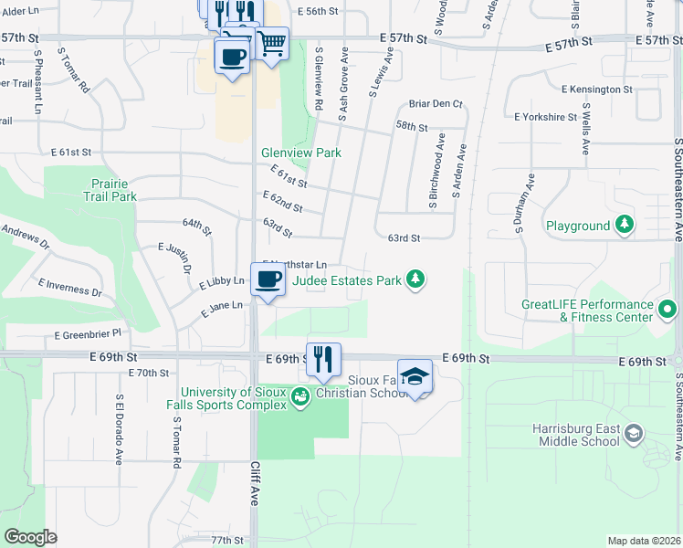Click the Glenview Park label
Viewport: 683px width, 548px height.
(300, 153)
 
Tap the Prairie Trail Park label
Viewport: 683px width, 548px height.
(110, 190)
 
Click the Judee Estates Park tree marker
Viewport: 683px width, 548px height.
(415, 279)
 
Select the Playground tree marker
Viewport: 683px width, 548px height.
(625, 224)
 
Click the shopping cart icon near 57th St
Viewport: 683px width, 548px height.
(271, 42)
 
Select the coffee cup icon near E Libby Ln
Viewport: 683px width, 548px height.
(268, 279)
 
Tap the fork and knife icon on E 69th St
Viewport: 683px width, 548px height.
(323, 358)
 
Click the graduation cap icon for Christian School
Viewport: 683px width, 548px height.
(415, 376)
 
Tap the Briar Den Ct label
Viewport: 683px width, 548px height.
(436, 104)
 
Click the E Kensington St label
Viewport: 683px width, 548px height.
(597, 90)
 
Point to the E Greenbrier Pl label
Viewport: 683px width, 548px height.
(88, 335)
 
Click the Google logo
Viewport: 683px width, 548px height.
(31, 536)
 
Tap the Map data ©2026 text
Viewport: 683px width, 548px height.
(643, 541)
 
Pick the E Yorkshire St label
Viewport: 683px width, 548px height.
(545, 117)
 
